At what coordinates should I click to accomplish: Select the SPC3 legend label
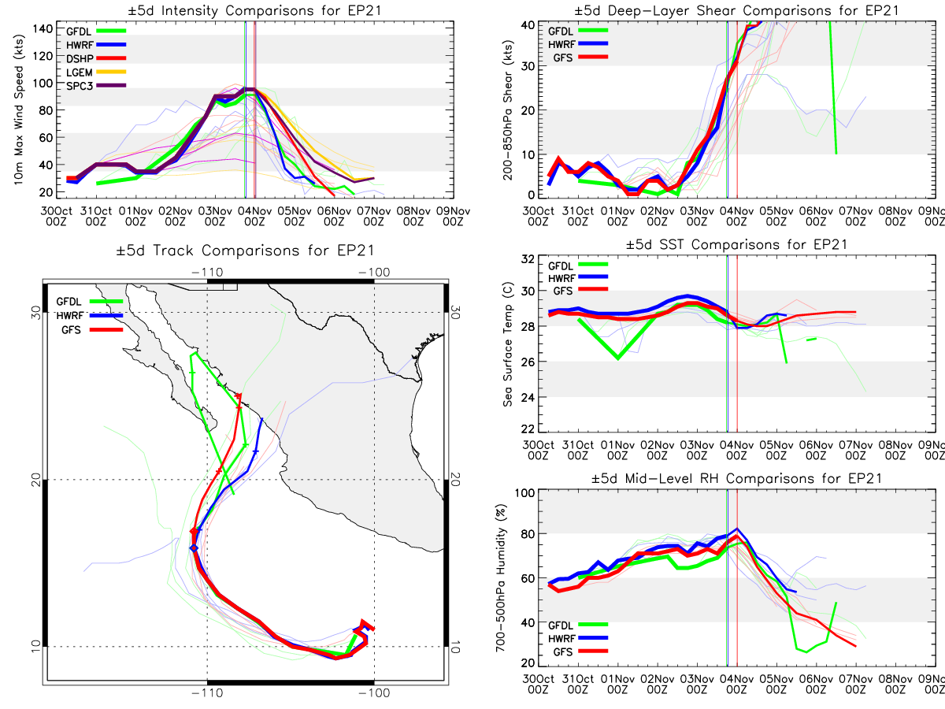point(80,86)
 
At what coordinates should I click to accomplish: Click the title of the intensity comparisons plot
point(255,10)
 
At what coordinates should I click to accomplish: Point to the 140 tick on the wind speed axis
point(43,29)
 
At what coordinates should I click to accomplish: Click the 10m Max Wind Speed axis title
point(19,110)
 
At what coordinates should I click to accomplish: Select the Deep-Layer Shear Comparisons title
point(736,10)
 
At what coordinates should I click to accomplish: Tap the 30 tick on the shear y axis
point(528,66)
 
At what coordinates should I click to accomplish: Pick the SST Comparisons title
point(736,244)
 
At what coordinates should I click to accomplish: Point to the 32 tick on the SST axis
point(528,259)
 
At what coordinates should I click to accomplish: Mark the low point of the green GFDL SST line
point(618,358)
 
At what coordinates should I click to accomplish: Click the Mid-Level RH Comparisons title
point(736,479)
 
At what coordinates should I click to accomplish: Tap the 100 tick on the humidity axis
point(524,493)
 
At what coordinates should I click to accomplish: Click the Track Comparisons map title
point(246,251)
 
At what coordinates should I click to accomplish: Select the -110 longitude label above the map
point(208,273)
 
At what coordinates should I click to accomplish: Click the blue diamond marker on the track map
point(195,548)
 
